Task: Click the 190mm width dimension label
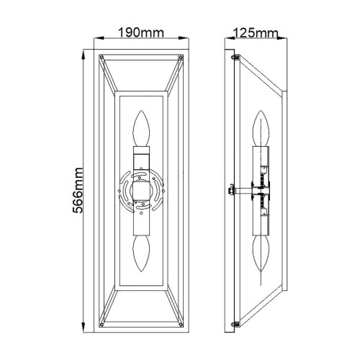click(x=141, y=33)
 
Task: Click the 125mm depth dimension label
click(x=257, y=33)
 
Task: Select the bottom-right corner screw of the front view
click(x=181, y=328)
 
